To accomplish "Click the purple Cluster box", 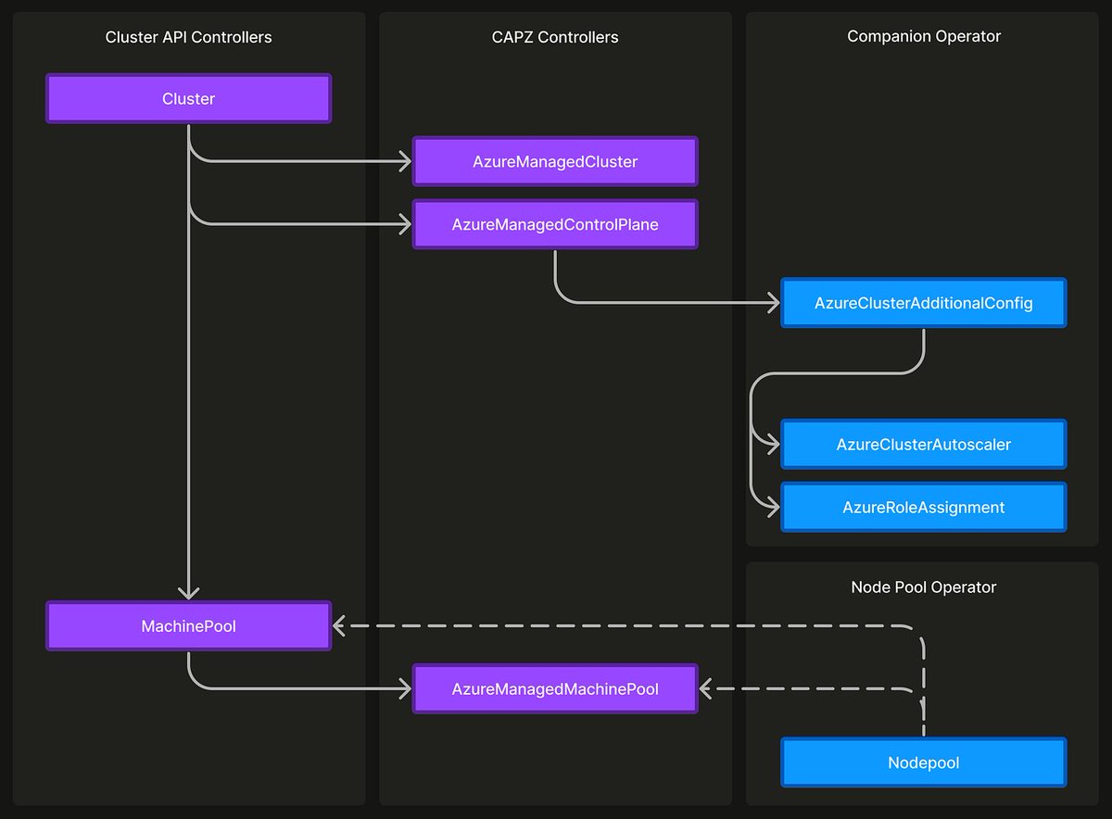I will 188,99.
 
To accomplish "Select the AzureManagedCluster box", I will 554,161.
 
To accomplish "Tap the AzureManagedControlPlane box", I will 554,224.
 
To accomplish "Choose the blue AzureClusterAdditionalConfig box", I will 923,303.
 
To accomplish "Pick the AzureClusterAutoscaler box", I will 923,445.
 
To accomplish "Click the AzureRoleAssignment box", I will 923,507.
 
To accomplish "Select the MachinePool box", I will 188,626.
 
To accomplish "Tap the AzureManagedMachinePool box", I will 554,689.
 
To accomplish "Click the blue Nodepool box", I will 923,762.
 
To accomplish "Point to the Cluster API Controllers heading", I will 188,37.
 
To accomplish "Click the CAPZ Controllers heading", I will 554,37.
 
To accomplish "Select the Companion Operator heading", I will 923,36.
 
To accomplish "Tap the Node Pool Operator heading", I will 923,586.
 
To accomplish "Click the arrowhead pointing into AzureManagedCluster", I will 404,161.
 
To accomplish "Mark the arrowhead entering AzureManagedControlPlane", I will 404,224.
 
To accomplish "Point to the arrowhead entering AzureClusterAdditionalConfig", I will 772,303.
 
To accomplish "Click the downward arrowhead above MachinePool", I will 188,593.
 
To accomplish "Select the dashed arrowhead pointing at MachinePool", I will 340,626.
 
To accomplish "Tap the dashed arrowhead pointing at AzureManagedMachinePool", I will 707,689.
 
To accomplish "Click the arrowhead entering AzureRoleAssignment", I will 772,507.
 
